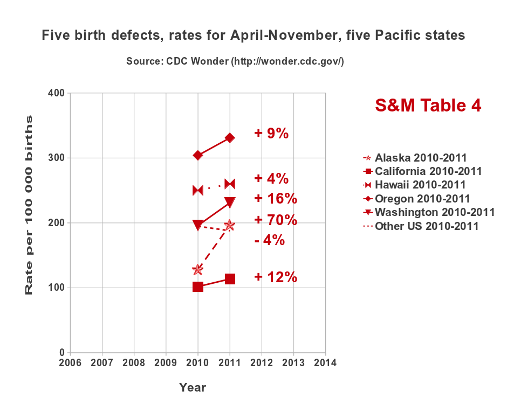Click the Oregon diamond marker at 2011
click(x=230, y=138)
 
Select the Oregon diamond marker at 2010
click(x=198, y=155)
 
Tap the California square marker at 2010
click(x=198, y=287)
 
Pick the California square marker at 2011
click(x=230, y=279)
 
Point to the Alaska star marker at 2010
click(x=198, y=269)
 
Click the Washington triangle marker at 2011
click(x=230, y=202)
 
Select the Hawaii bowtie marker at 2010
click(x=198, y=190)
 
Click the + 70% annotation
click(x=276, y=220)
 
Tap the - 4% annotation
click(x=270, y=240)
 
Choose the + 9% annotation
click(x=271, y=133)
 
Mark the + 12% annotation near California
click(x=276, y=277)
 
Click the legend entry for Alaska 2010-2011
click(x=415, y=158)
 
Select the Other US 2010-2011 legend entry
click(x=421, y=226)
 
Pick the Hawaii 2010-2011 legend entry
click(x=414, y=185)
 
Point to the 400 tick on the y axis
click(x=56, y=93)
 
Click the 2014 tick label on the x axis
click(x=325, y=362)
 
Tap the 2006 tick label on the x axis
click(x=70, y=362)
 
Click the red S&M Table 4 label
click(x=428, y=105)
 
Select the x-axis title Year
click(x=193, y=387)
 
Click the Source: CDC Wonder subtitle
click(x=235, y=61)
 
